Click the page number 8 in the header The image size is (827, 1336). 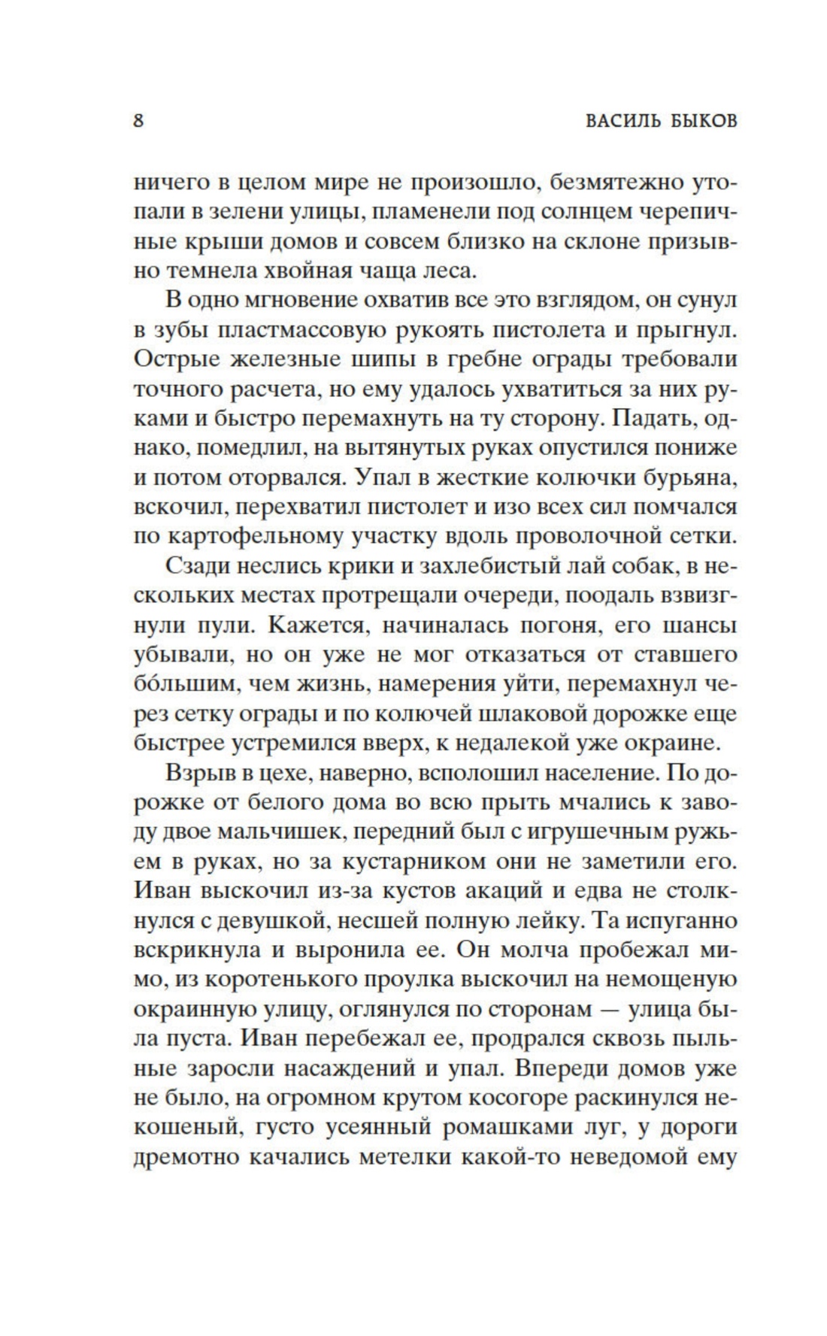pyautogui.click(x=138, y=120)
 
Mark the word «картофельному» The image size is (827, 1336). pyautogui.click(x=259, y=536)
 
